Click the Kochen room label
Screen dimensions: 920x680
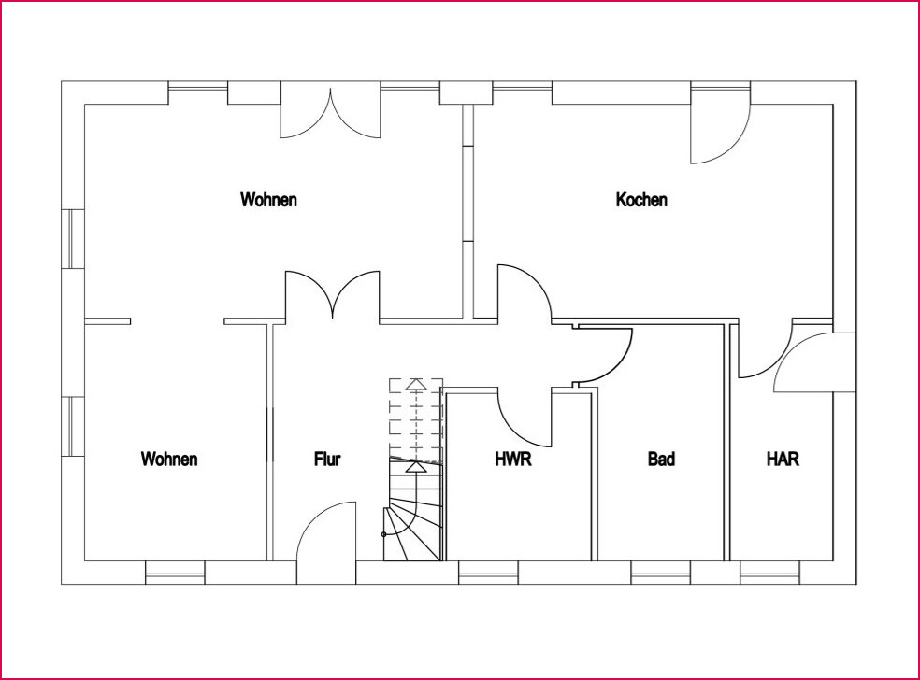coord(641,200)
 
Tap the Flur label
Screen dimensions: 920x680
coord(327,459)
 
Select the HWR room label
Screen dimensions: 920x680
coord(513,459)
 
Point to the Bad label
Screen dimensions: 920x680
coord(661,459)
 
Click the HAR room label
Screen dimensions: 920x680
coord(783,459)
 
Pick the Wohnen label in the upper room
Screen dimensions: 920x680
coord(268,200)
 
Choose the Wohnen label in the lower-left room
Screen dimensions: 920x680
coord(169,459)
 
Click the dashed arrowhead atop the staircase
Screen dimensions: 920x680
coord(416,385)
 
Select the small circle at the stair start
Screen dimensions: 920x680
coord(383,534)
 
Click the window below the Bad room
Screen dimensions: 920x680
coord(661,573)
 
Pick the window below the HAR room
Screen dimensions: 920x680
coord(769,573)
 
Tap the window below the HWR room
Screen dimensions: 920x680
coord(488,573)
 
